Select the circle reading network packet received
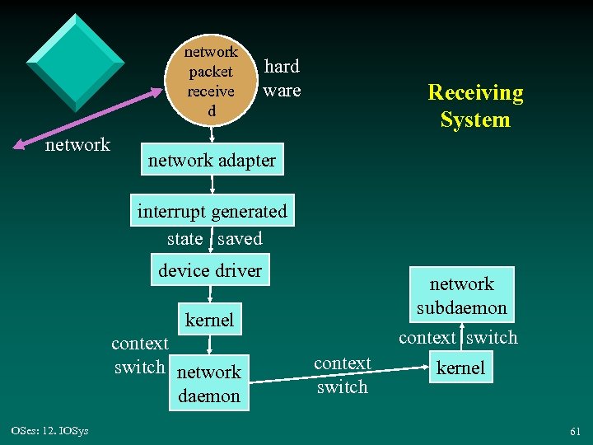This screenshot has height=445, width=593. [211, 81]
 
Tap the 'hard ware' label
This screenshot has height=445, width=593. [282, 78]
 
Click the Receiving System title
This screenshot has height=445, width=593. [475, 105]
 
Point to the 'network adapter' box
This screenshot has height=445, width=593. [212, 161]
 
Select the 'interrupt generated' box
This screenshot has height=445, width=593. [212, 212]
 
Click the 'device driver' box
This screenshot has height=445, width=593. [209, 270]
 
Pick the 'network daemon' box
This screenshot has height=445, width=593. [209, 383]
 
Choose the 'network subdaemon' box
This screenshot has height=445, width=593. [461, 296]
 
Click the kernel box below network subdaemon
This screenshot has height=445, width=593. [460, 368]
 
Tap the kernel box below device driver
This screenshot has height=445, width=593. [209, 320]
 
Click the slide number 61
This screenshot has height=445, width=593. [574, 431]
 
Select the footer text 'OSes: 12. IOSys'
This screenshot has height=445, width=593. [50, 430]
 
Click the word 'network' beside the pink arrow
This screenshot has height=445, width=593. [77, 145]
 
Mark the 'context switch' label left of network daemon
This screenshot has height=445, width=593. [139, 355]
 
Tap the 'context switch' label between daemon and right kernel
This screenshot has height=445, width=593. [342, 375]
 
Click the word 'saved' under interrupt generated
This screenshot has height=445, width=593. [240, 239]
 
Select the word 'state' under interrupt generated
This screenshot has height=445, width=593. [184, 239]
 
